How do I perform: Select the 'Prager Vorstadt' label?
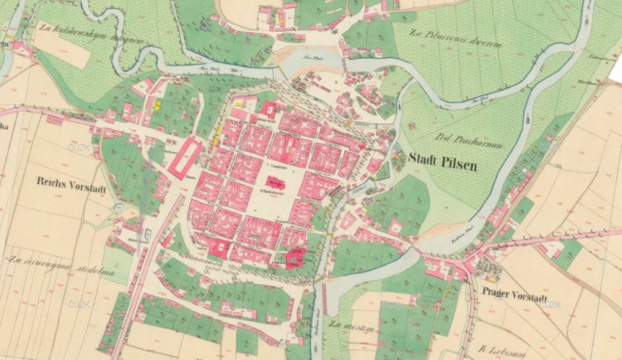(x=518, y=292)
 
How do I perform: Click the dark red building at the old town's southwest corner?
(x=219, y=247)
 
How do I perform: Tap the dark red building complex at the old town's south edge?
(x=294, y=260)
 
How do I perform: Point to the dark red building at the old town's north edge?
(x=270, y=109)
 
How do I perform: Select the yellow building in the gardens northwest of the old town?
(x=156, y=106)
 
